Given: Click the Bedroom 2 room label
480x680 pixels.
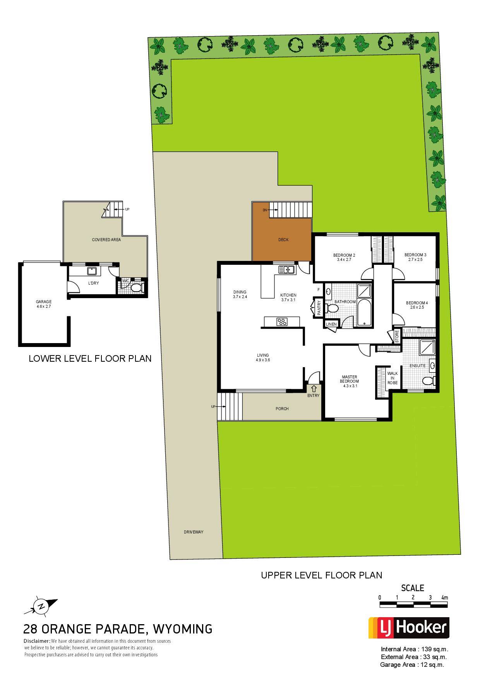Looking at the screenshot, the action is pos(344,257).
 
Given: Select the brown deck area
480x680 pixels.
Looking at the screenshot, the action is pos(282,236).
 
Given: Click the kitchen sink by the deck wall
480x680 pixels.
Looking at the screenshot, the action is pos(286,269).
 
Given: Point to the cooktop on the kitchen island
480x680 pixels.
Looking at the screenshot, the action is pos(282,321).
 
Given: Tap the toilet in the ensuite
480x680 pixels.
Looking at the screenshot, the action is pos(429,381).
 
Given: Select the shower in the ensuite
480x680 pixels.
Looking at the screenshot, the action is pos(427,347).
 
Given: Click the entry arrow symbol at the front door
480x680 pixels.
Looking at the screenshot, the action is pos(314,388).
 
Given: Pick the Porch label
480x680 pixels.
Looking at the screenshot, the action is pos(282,409).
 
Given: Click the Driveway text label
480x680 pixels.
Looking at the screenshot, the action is pos(194,532).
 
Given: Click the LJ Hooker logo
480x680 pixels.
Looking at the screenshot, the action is pos(409,628).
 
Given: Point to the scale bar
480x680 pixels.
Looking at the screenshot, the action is pos(413,604).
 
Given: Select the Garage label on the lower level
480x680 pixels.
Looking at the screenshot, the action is pos(44,304).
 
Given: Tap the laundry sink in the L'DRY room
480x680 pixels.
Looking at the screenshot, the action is pos(92,271).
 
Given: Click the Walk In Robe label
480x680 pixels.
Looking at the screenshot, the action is pos(393,378).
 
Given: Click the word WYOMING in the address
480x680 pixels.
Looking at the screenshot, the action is pos(183,628).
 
